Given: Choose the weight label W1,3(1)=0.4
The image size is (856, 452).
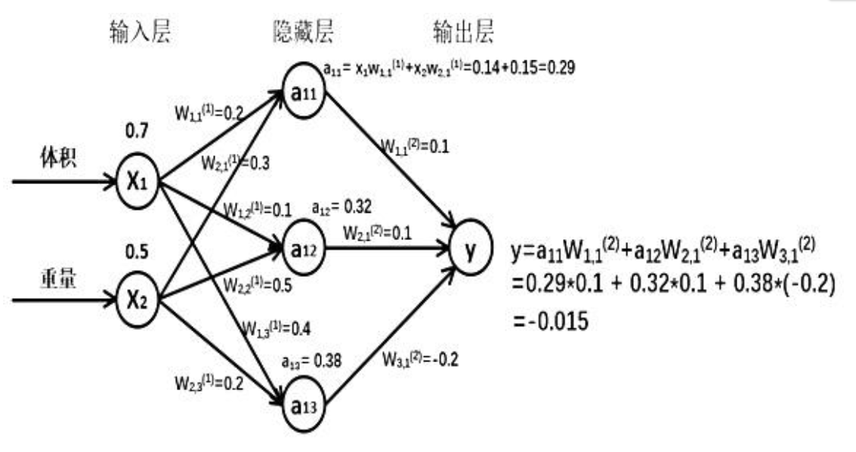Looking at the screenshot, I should [x=276, y=327].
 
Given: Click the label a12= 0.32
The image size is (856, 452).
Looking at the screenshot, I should [x=342, y=206].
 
